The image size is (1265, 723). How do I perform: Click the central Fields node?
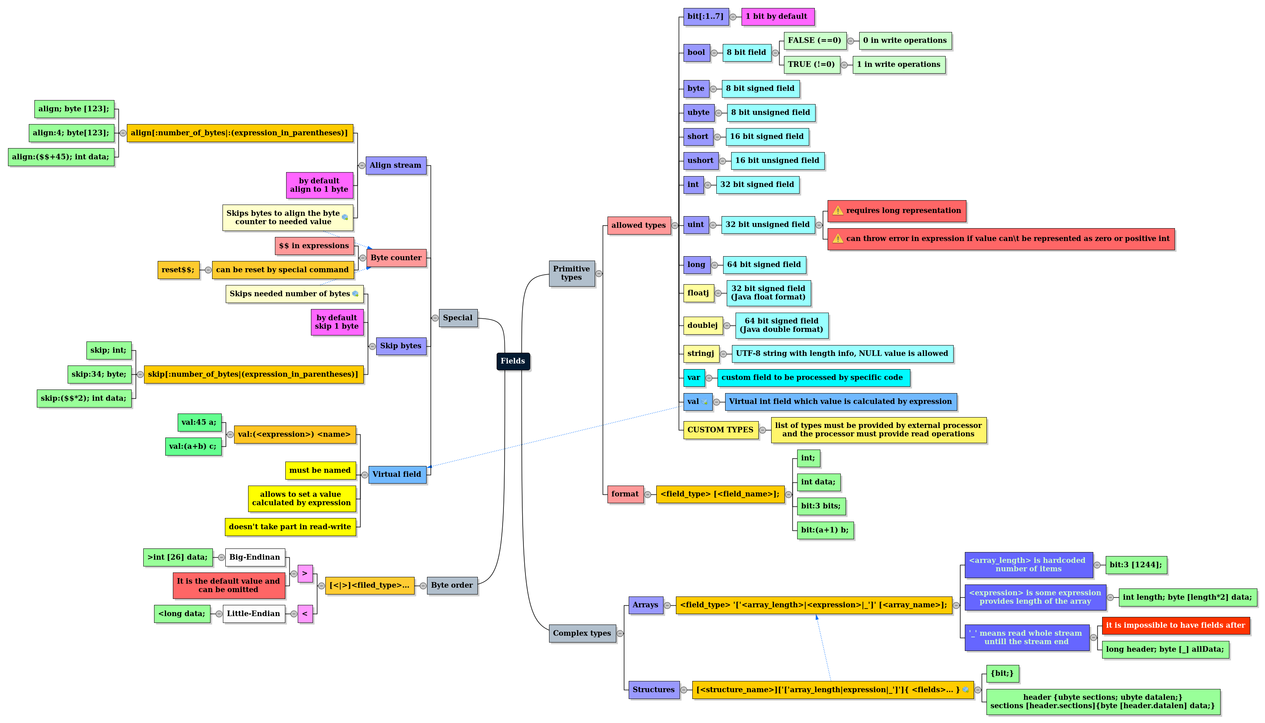[x=513, y=361]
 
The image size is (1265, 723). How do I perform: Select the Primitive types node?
[x=571, y=273]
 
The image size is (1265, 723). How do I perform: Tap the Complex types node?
[x=581, y=633]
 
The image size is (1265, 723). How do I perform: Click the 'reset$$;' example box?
[x=178, y=270]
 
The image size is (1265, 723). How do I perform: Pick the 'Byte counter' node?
[x=396, y=258]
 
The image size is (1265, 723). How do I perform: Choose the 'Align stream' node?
[x=395, y=165]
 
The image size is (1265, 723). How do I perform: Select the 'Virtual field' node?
[x=397, y=474]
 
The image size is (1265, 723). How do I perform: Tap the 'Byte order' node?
[x=451, y=585]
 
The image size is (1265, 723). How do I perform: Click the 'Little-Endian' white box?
[x=254, y=613]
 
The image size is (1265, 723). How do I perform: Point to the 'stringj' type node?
[x=701, y=353]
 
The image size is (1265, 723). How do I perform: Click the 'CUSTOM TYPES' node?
[x=720, y=430]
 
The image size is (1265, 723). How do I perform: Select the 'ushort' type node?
[x=700, y=161]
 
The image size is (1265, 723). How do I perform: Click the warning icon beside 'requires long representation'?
[x=838, y=211]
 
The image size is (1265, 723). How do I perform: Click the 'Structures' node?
[x=654, y=689]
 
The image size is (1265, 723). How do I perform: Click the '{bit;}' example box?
[x=1002, y=673]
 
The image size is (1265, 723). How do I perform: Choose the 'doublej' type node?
[x=703, y=325]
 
